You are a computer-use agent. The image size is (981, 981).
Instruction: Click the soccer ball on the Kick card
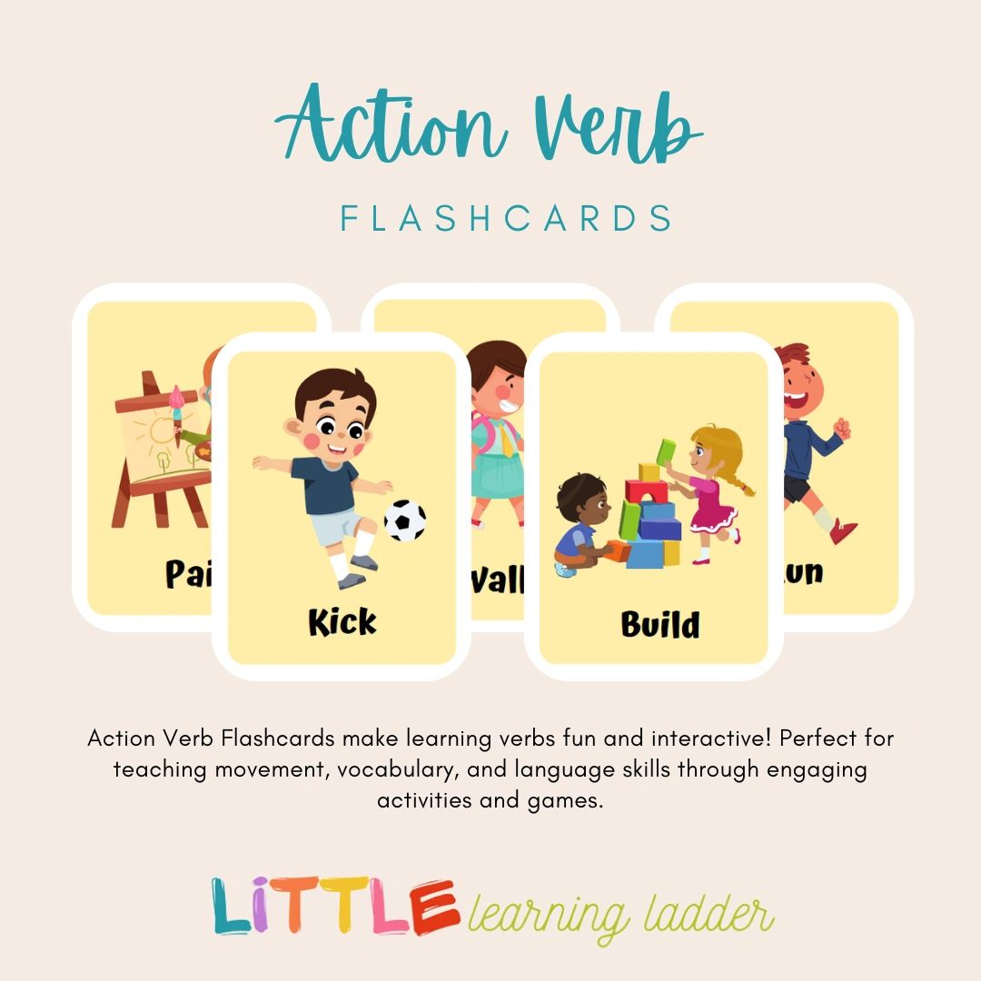[405, 520]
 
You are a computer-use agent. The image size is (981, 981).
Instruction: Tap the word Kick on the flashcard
[342, 622]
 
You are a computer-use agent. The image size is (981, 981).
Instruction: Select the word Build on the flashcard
[660, 624]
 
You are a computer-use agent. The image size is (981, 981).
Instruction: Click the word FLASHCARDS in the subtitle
[507, 219]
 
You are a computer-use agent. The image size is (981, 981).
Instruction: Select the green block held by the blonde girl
[666, 450]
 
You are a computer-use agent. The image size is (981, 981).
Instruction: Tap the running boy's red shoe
[844, 530]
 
